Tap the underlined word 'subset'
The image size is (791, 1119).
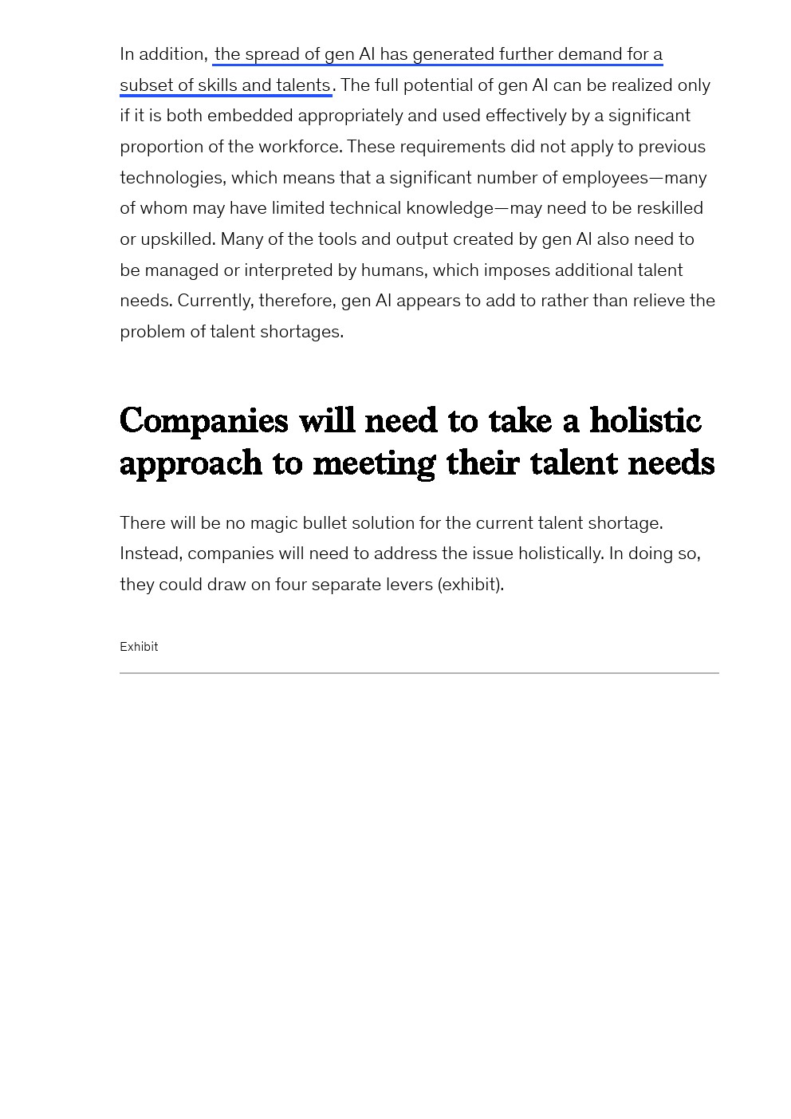point(144,85)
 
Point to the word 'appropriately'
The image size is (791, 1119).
point(350,116)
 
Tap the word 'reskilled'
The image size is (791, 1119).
point(665,208)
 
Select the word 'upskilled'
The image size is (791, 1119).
point(177,239)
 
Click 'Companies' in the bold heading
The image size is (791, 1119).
point(203,421)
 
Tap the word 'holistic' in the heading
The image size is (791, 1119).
point(645,421)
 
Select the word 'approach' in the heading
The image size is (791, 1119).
point(191,464)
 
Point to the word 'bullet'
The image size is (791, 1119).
point(325,523)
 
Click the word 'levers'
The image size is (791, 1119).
point(409,585)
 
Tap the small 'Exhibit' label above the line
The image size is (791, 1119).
point(139,647)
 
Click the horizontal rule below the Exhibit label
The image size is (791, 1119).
point(419,673)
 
